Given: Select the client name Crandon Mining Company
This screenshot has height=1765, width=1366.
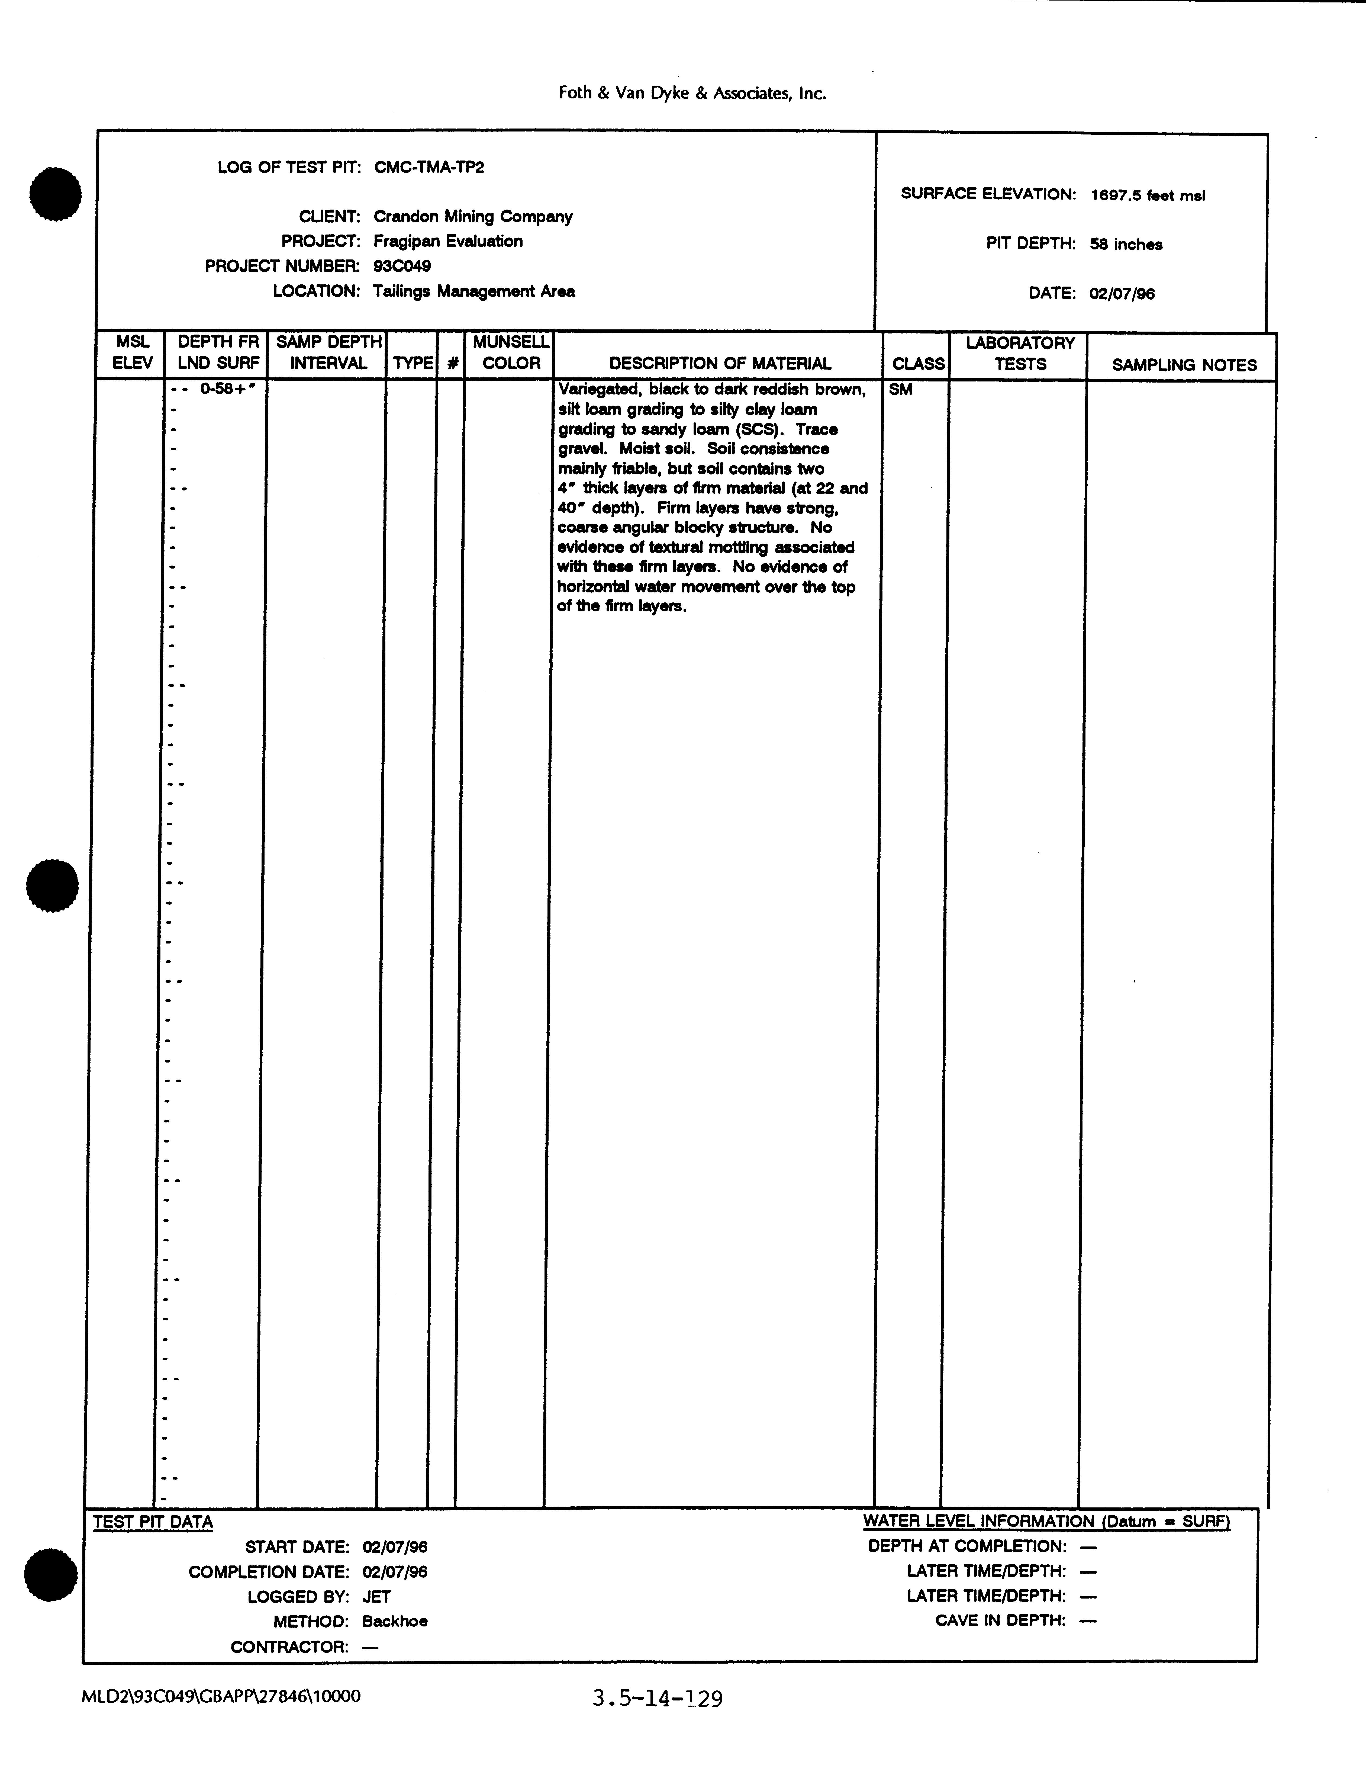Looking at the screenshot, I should point(473,217).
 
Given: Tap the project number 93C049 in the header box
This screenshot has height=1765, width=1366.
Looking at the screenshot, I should point(401,266).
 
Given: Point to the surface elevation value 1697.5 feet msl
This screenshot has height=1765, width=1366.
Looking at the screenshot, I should point(1147,195).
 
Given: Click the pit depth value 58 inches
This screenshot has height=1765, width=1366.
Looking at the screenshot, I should point(1125,244).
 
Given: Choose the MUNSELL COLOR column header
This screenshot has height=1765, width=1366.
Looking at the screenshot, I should point(511,353).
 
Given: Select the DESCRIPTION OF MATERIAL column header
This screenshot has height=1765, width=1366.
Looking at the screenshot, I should point(720,364).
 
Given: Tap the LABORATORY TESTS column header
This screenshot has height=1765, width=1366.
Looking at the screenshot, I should point(1020,353).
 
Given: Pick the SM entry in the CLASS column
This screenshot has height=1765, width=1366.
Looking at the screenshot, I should point(901,390).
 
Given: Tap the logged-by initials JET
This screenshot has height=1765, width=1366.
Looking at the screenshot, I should point(376,1597).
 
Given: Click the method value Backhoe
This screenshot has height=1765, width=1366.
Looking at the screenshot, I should point(394,1621).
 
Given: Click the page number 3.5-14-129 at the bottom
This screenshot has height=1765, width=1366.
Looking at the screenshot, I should point(657,1699).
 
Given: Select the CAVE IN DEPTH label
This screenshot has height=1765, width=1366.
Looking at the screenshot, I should point(1000,1620).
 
